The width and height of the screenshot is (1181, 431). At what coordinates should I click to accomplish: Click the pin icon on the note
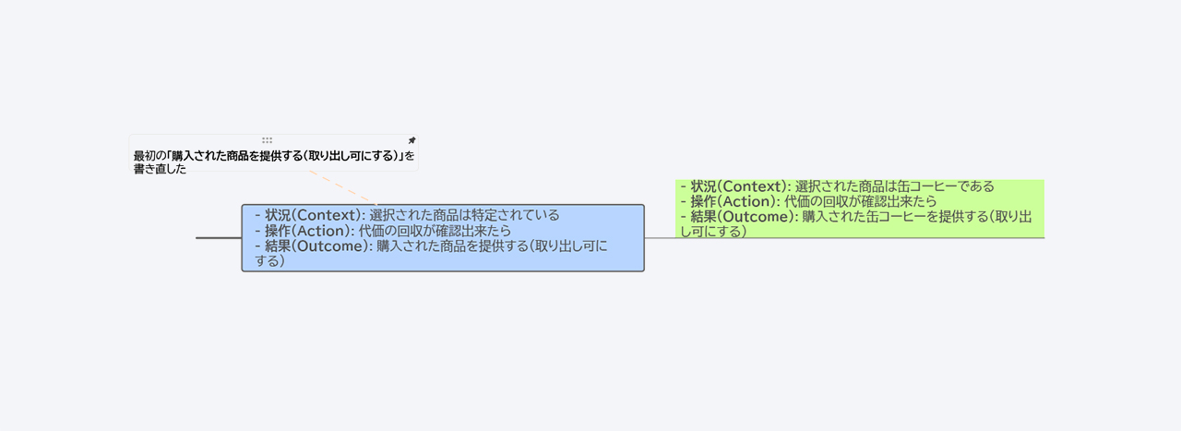point(412,140)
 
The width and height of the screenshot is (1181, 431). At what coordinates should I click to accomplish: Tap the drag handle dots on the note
point(268,140)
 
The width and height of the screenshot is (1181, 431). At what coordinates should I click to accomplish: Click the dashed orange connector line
point(343,187)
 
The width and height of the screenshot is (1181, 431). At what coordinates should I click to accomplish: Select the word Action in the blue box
point(323,231)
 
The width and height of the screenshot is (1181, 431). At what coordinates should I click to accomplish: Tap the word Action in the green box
point(749,201)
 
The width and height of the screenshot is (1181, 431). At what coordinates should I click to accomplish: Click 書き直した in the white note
point(160,169)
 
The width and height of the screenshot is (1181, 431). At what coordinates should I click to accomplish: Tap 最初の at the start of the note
point(149,156)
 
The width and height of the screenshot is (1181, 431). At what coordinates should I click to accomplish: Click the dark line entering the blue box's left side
point(219,238)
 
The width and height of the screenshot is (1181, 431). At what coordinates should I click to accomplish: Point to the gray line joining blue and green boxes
point(660,238)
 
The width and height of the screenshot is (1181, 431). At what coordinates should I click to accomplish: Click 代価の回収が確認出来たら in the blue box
point(435,231)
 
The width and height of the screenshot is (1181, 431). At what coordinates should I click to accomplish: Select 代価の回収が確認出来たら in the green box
point(861,201)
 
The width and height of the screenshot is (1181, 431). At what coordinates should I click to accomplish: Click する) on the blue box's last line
point(270,260)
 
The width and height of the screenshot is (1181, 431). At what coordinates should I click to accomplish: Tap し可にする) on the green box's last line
point(713,231)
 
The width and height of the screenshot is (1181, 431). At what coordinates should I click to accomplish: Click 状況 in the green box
point(704,186)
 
